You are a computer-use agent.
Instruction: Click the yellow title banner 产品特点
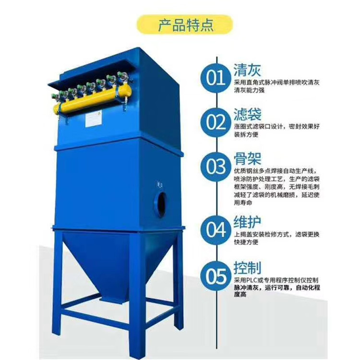[185, 25]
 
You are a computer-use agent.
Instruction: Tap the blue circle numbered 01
[216, 78]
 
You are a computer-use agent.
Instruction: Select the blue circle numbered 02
[216, 122]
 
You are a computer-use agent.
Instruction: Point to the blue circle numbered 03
[216, 167]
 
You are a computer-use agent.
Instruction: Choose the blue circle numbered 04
[216, 229]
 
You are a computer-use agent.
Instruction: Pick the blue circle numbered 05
[216, 276]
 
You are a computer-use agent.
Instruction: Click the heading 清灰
[247, 70]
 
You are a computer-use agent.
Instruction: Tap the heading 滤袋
[248, 114]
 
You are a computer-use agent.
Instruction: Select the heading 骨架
[248, 158]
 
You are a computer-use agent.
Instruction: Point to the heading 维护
[248, 222]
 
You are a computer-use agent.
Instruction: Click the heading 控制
[248, 268]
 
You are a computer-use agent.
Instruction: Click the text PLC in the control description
[252, 280]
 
